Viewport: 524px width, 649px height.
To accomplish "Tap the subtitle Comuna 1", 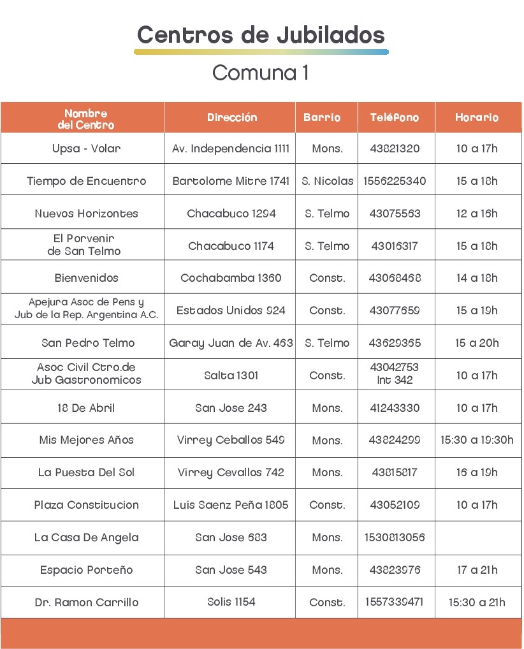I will [261, 73].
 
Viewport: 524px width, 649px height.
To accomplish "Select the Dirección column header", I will [232, 118].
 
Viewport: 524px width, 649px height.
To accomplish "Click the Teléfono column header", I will [395, 118].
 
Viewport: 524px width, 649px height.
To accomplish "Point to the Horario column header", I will [477, 118].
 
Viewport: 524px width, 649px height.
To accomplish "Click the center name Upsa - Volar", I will [86, 149].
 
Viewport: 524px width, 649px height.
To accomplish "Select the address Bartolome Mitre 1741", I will [231, 181].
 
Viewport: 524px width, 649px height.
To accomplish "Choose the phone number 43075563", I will [395, 214].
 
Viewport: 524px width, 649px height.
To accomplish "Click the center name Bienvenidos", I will [86, 278].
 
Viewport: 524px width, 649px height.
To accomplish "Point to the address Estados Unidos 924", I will [231, 310].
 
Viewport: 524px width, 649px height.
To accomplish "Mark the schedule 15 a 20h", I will [477, 343].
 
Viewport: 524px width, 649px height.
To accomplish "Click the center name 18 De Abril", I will [86, 408].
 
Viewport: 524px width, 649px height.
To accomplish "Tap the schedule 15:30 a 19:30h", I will [477, 440].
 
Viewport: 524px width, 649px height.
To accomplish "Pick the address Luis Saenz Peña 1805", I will [231, 505].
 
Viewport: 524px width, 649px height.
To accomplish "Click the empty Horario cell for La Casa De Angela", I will [477, 537].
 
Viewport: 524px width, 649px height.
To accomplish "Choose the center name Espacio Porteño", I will [86, 570].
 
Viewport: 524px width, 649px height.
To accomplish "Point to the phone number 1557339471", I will [395, 602].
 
